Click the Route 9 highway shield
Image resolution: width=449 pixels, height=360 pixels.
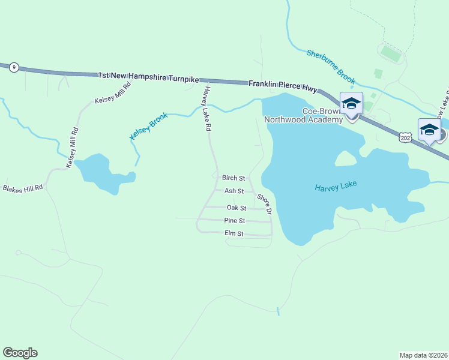coord(13,68)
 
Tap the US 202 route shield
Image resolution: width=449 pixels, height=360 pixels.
coord(405,138)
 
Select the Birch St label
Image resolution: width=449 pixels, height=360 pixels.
coord(234,178)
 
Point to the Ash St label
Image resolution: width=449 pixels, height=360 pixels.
coord(234,191)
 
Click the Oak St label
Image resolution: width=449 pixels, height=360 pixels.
coord(236,208)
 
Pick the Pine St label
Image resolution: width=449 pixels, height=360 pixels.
coord(234,221)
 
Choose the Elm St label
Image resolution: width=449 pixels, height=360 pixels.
coord(234,233)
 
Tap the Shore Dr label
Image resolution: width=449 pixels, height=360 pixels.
coord(265,204)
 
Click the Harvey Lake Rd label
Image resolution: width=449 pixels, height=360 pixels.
coord(207,109)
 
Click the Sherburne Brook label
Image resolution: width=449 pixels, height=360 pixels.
coord(331,66)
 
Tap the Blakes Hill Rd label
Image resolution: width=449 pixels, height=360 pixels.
coord(23,188)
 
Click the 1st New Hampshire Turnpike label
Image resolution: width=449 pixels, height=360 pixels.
coord(148,77)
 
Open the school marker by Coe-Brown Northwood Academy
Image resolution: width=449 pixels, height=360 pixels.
coord(351,103)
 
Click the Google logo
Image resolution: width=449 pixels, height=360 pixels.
coord(20,353)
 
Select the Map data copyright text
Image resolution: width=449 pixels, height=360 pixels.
coord(424,355)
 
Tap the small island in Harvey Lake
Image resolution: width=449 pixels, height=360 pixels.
coord(345,158)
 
